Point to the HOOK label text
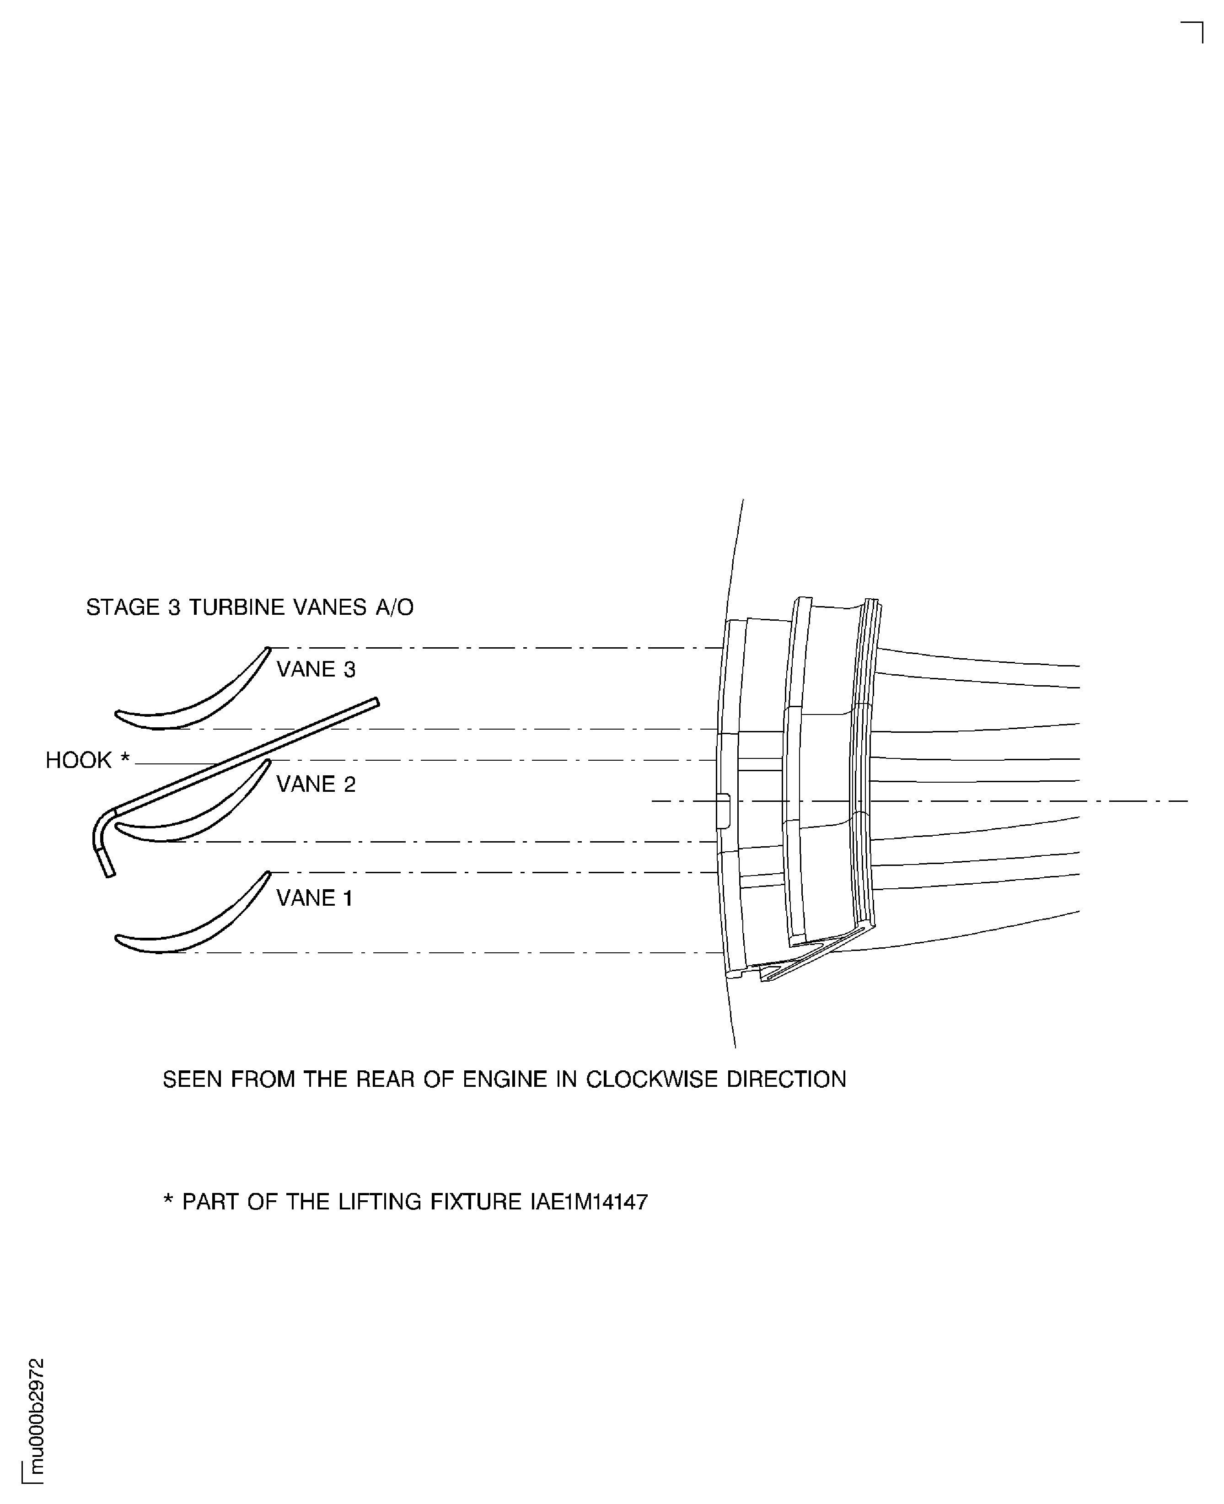(x=78, y=760)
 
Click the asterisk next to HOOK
(x=125, y=758)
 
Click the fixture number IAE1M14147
(x=589, y=1202)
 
